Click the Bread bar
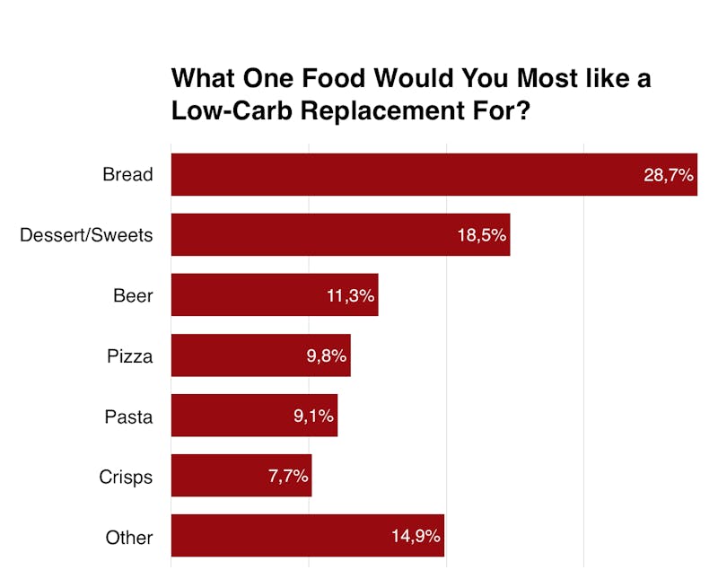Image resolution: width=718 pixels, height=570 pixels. (404, 174)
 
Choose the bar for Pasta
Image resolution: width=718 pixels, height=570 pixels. (229, 416)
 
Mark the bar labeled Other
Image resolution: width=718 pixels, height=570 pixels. (278, 536)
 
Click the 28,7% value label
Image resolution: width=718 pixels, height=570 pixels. (669, 175)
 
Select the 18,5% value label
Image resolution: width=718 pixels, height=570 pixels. (482, 235)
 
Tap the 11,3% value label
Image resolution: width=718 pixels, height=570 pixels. (350, 295)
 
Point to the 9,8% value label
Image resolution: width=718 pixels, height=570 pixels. (326, 355)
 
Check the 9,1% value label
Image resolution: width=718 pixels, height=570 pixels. (313, 417)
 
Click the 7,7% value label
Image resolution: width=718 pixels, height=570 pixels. (288, 477)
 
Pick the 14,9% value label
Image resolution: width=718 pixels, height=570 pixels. (416, 537)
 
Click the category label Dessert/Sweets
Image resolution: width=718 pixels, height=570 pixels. (86, 235)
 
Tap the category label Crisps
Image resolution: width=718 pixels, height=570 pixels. (126, 477)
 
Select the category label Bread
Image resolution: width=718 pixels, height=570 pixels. (127, 175)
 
